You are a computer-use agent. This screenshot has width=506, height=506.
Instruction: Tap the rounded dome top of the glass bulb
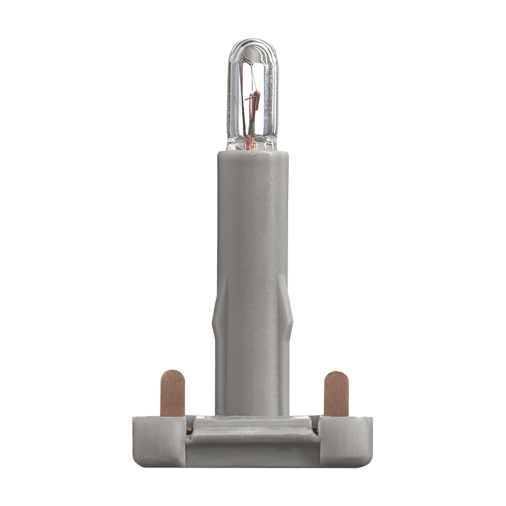click(x=252, y=46)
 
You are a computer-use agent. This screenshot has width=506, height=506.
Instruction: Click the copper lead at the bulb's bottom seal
click(x=250, y=142)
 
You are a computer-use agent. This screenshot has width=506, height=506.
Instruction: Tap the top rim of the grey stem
click(x=252, y=153)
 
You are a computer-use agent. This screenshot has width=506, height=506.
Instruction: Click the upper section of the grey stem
click(x=252, y=216)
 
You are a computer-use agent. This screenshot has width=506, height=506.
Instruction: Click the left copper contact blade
click(x=172, y=395)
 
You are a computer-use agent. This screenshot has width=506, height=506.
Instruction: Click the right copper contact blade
click(x=335, y=395)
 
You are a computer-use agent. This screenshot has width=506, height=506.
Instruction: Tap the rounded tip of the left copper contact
click(x=172, y=374)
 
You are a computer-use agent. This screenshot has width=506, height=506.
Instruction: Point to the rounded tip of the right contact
click(x=335, y=376)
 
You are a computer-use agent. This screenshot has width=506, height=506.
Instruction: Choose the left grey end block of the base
click(x=159, y=441)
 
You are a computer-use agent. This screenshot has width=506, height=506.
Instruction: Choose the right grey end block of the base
click(x=345, y=441)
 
